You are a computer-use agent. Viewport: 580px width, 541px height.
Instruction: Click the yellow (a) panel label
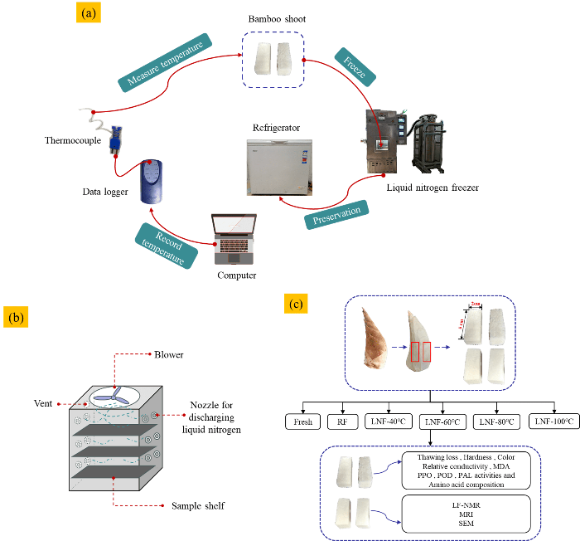pos(88,13)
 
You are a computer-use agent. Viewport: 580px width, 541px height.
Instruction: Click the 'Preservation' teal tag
pos(336,212)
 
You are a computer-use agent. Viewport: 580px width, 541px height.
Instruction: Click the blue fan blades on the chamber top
pos(118,396)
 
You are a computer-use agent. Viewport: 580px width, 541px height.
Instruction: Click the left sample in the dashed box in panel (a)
pos(263,57)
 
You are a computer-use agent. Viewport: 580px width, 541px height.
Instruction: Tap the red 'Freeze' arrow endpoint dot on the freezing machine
pos(384,145)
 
